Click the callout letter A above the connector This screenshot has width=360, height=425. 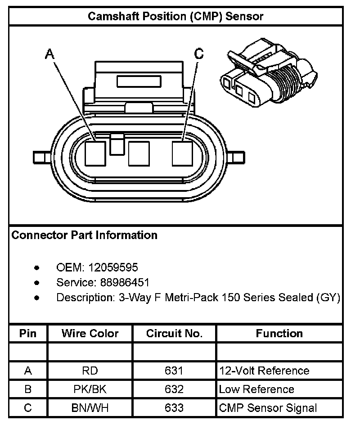click(x=49, y=54)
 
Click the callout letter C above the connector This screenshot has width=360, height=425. click(x=198, y=54)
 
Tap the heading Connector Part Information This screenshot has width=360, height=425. click(x=84, y=235)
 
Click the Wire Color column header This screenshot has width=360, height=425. click(x=90, y=334)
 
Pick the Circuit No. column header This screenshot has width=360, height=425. click(x=175, y=334)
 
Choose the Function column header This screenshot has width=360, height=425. click(x=279, y=334)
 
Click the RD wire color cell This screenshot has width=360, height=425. click(x=90, y=371)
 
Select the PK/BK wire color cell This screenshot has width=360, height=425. click(x=90, y=389)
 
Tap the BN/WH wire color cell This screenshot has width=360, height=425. click(x=90, y=408)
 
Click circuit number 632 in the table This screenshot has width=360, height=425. click(x=175, y=389)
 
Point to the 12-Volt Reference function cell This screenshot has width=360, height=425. click(x=264, y=371)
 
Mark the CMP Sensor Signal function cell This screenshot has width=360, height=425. click(x=268, y=408)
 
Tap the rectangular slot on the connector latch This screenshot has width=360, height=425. click(x=139, y=81)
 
